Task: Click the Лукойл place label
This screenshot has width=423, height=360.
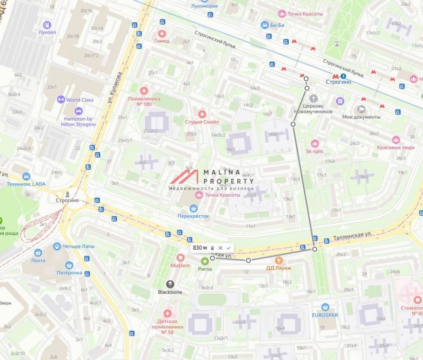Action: (47, 33)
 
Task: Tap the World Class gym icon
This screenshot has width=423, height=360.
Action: (60, 99)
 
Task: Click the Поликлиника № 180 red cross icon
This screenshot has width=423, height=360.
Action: (144, 91)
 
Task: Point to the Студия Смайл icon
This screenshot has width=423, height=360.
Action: (202, 114)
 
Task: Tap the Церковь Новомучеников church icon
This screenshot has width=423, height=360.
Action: (314, 99)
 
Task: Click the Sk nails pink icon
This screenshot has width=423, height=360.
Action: (315, 143)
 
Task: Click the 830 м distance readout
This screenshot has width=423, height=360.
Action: (200, 248)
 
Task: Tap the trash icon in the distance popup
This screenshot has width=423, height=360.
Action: (212, 248)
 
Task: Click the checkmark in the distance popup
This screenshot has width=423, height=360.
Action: (228, 248)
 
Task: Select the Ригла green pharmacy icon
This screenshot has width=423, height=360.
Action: (205, 261)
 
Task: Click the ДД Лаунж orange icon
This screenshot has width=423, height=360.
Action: (279, 261)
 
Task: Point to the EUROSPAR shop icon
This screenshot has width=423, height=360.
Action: (325, 307)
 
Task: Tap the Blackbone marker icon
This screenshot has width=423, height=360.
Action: (170, 284)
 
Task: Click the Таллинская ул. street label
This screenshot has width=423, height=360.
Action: (353, 237)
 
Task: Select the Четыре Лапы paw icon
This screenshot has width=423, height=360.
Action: (57, 246)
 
